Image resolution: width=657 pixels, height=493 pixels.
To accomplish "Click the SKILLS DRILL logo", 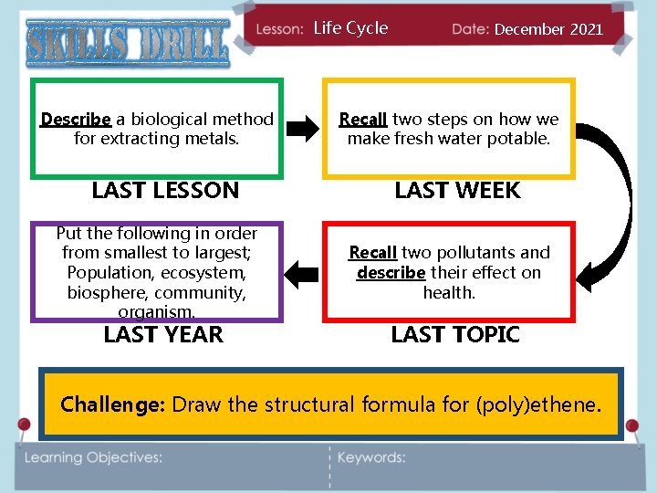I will coord(127,43).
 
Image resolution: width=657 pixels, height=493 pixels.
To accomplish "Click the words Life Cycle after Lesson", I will coord(350,28).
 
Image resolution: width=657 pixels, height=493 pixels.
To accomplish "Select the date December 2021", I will coord(548,29).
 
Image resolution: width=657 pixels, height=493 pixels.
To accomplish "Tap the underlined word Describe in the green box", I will coord(76,120).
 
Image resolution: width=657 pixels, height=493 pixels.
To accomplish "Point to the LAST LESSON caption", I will coord(165,191).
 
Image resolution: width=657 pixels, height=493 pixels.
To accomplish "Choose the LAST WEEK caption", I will coord(457,191).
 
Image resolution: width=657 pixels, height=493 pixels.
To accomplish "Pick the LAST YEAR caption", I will coord(163,334).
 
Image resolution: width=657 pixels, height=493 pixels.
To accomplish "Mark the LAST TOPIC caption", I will coord(454,334).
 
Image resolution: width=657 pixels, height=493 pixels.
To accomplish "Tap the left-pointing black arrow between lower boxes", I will coord(302,270).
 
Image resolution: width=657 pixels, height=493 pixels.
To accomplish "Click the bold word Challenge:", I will coord(112,404).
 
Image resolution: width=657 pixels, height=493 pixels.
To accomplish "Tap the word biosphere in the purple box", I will coord(105,292).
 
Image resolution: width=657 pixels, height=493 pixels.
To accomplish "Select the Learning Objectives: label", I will coord(94,457).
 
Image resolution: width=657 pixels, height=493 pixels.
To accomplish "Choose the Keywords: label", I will coord(371,457).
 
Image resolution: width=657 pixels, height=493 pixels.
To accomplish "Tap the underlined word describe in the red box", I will coord(391,273).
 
